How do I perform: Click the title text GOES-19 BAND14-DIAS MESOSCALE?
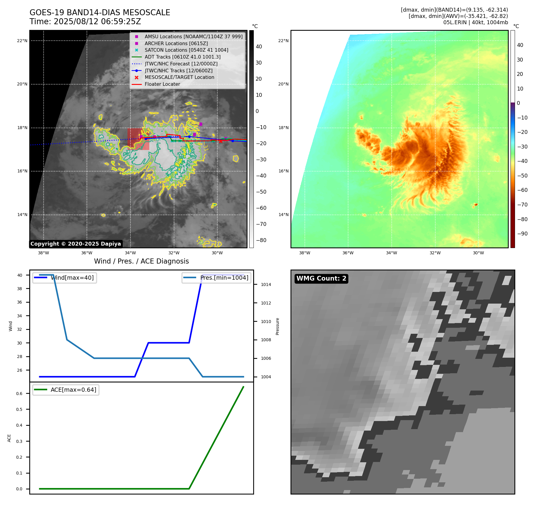(x=100, y=13)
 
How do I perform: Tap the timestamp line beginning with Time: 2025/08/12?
(x=85, y=22)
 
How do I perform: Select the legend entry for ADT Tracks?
(x=182, y=57)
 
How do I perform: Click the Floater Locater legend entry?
(x=162, y=84)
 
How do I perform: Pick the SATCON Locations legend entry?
(x=186, y=50)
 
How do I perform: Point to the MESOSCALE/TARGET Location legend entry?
(x=179, y=77)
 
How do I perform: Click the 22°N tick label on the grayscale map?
(x=22, y=41)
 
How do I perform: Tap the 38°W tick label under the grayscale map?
(x=43, y=253)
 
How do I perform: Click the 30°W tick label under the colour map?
(x=478, y=253)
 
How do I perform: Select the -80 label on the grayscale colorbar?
(x=261, y=240)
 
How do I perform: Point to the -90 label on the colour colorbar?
(x=522, y=234)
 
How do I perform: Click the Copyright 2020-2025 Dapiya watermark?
(x=76, y=244)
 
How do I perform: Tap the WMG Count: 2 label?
(x=321, y=278)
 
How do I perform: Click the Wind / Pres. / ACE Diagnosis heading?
(x=141, y=261)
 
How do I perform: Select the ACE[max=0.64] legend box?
(x=66, y=390)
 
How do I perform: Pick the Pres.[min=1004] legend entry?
(x=216, y=278)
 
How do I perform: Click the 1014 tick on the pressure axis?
(x=266, y=284)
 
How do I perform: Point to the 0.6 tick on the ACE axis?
(x=19, y=394)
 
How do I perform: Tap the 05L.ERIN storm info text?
(x=475, y=22)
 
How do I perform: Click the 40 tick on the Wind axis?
(x=19, y=275)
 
